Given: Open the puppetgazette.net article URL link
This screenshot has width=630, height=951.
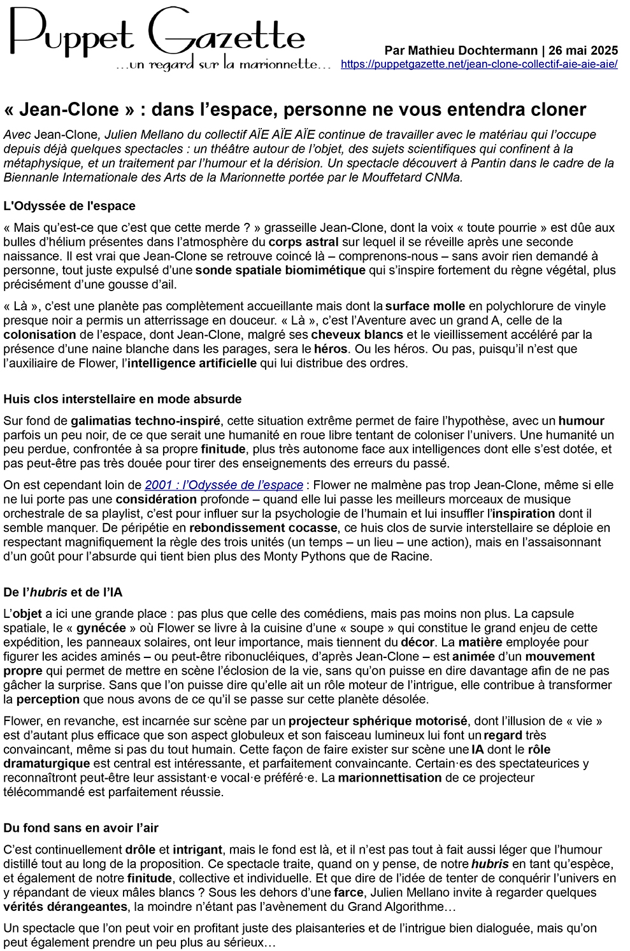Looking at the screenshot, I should [x=479, y=64].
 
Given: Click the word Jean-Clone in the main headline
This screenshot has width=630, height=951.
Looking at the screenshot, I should [x=69, y=110].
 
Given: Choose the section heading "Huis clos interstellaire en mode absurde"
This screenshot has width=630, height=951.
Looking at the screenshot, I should [x=122, y=399].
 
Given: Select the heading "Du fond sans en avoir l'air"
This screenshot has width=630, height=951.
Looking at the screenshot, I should [x=81, y=828].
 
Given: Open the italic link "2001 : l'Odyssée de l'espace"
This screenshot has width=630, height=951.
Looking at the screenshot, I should [x=224, y=485].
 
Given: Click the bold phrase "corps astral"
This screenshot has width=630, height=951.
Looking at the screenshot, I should [x=303, y=242].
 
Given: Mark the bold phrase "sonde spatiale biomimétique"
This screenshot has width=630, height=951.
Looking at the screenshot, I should [x=280, y=270].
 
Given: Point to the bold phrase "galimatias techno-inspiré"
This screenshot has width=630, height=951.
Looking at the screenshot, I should [x=145, y=421].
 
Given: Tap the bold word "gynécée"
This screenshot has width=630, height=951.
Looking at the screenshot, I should [x=101, y=628].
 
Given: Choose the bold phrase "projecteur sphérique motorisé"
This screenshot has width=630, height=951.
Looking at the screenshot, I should [x=378, y=721].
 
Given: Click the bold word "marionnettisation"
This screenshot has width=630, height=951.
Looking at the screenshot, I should [x=389, y=778].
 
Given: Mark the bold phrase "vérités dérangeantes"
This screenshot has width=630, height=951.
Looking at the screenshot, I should [x=65, y=906].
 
